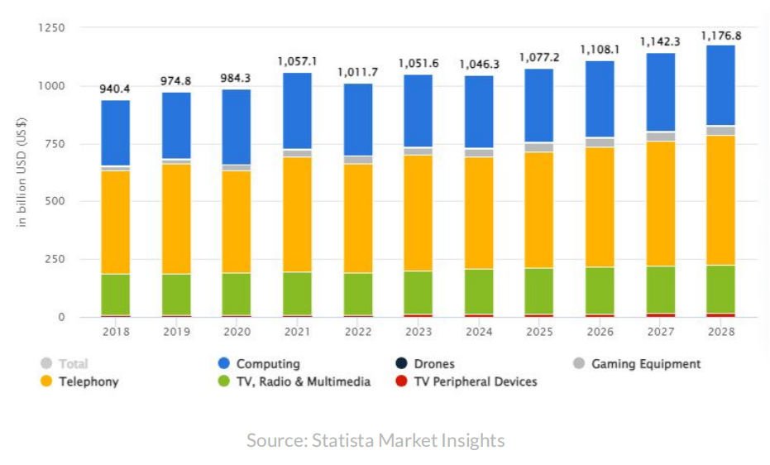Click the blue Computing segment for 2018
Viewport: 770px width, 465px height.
point(115,132)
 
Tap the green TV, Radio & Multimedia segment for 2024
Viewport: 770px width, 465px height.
point(478,291)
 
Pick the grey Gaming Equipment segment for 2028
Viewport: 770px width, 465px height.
point(720,131)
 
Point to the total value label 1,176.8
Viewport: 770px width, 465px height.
point(720,36)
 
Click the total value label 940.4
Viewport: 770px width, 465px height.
point(115,88)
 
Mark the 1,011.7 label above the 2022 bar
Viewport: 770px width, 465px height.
point(357,72)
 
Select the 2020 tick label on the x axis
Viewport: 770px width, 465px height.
point(237,332)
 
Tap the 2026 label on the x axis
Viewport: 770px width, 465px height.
point(600,332)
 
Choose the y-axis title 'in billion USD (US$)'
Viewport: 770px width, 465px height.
point(22,173)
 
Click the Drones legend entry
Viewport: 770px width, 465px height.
point(434,364)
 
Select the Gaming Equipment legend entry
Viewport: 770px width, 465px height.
point(645,364)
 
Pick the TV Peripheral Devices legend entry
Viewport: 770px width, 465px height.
point(475,381)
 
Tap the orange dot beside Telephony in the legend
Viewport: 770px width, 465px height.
point(46,381)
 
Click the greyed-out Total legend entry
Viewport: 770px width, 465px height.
point(73,364)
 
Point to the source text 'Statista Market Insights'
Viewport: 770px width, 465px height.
point(408,441)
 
